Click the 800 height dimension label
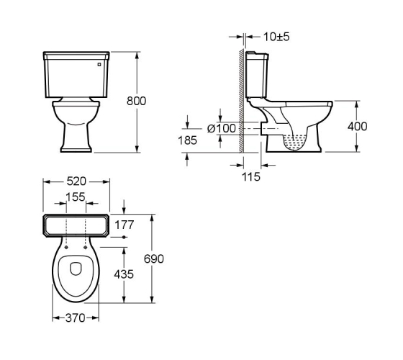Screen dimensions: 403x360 tap(136, 101)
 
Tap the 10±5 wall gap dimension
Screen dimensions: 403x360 tap(276, 37)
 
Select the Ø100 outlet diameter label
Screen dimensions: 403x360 tap(222, 128)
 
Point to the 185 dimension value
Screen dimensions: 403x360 tap(187, 140)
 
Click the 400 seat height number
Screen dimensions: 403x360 tap(357, 127)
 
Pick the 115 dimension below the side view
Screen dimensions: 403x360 tap(251, 177)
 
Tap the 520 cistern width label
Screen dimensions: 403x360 tap(76, 181)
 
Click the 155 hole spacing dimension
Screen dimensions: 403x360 tap(76, 197)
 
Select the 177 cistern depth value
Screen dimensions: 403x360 tap(124, 225)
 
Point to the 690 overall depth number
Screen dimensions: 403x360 tap(154, 259)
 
